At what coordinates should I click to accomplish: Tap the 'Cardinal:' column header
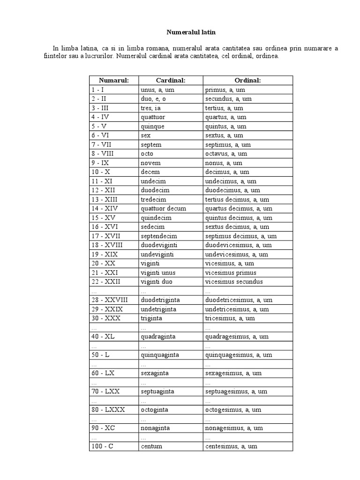171,81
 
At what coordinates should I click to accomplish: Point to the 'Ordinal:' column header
247,81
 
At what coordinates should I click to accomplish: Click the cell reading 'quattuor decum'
163,209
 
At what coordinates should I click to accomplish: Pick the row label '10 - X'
101,172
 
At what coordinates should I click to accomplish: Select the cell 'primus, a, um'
225,90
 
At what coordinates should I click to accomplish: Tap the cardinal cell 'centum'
151,446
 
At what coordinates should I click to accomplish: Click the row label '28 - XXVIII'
110,300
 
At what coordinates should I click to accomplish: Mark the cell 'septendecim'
159,236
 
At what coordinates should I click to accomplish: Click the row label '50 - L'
101,355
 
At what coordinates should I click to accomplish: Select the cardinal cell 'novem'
150,163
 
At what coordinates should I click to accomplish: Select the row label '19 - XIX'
105,255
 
